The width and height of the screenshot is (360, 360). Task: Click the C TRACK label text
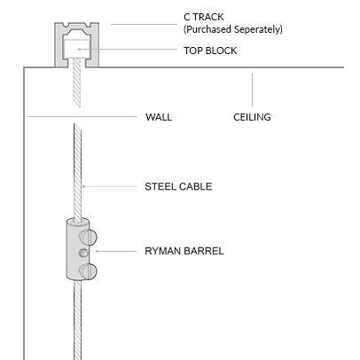click(204, 17)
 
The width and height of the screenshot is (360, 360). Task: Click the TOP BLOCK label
click(210, 51)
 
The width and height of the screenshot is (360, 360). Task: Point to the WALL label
click(159, 117)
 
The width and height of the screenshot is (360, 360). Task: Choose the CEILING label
click(252, 117)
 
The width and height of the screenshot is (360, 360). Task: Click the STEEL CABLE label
click(178, 186)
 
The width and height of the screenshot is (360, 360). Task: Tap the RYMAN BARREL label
click(184, 251)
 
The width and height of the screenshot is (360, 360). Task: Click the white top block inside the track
click(76, 48)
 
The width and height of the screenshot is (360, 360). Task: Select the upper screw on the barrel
click(88, 237)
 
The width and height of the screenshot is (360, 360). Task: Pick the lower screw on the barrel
click(88, 270)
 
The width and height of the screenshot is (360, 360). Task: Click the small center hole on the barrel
click(83, 253)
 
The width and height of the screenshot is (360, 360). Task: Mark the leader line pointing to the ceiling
click(252, 90)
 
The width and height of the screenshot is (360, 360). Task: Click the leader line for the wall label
click(82, 116)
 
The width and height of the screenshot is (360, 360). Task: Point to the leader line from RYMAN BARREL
click(117, 251)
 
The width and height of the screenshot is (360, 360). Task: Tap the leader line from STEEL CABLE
click(110, 186)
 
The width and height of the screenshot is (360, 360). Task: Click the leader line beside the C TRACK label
click(144, 24)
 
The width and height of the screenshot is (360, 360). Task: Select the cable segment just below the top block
click(76, 82)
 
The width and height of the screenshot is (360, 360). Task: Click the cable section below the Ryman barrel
click(77, 320)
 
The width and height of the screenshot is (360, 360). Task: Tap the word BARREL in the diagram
click(204, 251)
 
